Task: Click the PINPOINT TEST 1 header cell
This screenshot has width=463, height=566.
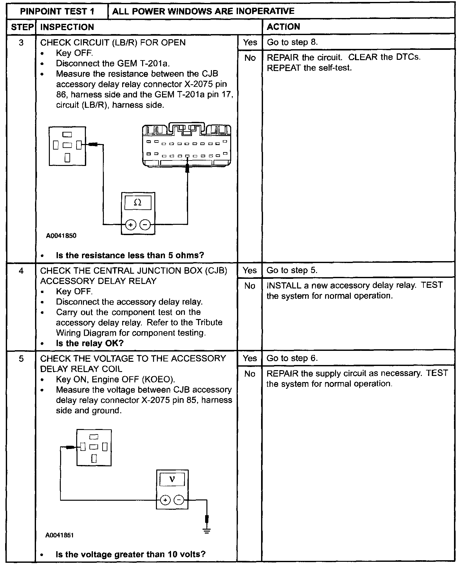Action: [x=57, y=11]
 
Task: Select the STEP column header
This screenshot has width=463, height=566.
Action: [x=22, y=27]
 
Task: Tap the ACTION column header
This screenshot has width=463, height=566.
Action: [x=283, y=27]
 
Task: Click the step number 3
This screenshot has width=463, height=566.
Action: [x=21, y=43]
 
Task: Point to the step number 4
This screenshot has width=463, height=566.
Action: [x=21, y=271]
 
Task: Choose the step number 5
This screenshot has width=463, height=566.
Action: [x=21, y=359]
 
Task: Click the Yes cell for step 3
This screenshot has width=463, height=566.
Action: [x=250, y=42]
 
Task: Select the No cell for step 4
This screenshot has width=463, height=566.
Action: [x=250, y=286]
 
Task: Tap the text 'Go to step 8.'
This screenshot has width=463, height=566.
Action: [x=292, y=42]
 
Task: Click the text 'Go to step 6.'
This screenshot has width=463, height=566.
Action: [x=292, y=358]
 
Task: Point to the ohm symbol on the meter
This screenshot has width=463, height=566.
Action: [x=138, y=203]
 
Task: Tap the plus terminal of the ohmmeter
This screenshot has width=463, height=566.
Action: [x=131, y=225]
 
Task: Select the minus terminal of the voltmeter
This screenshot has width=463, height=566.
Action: [x=179, y=500]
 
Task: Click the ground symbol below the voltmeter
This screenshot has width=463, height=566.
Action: [x=207, y=531]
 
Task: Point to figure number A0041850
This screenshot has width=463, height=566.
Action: [x=61, y=236]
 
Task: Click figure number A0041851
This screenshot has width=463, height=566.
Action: [x=59, y=535]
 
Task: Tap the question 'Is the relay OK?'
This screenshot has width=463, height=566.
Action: [x=90, y=343]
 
